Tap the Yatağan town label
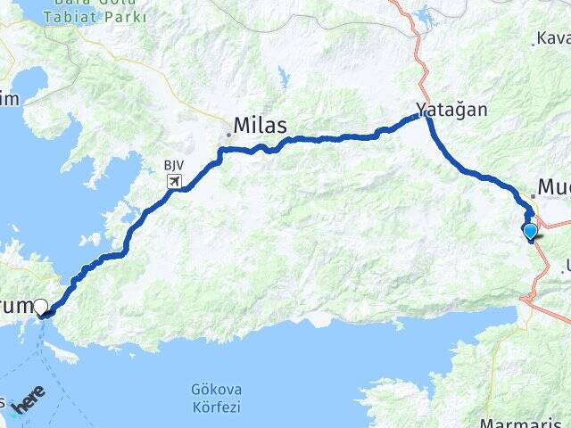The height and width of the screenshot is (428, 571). [451, 111]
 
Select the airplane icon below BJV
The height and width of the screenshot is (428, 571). [174, 182]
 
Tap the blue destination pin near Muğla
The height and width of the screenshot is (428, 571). [531, 232]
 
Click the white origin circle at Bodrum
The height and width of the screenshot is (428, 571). [40, 308]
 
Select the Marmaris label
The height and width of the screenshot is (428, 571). [509, 421]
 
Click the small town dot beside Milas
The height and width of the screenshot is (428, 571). [228, 135]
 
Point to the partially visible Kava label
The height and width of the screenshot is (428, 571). [553, 39]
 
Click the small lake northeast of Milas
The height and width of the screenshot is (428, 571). [284, 75]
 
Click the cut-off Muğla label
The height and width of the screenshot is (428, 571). [554, 189]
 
